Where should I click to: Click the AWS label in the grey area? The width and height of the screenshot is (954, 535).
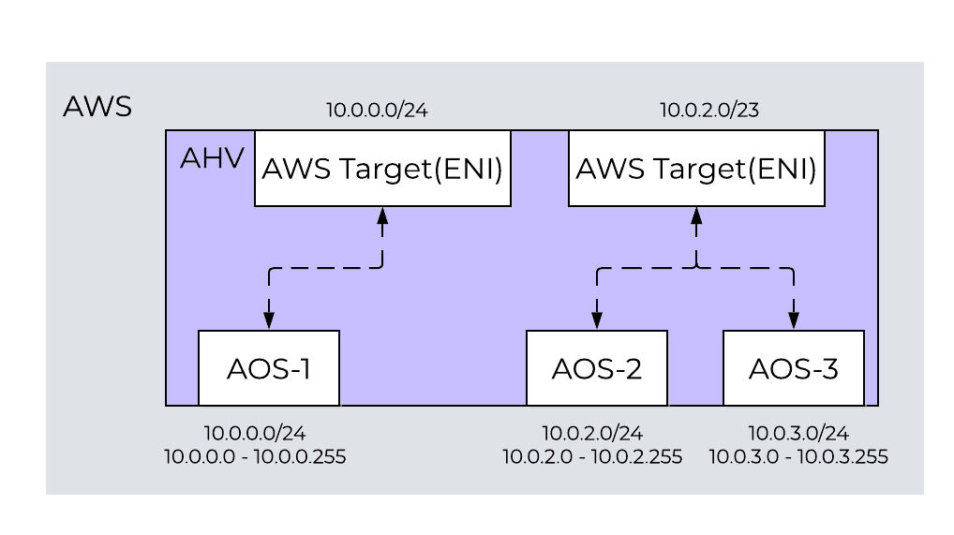(97, 107)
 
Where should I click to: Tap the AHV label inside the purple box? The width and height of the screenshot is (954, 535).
(212, 158)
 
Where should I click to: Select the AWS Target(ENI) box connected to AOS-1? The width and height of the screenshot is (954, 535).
(382, 169)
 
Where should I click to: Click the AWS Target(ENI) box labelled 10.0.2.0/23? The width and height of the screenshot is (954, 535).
(696, 169)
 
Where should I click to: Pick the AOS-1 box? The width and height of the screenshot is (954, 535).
(269, 368)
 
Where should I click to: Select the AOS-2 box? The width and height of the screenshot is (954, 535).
(597, 368)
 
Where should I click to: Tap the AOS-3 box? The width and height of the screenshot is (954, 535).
(794, 368)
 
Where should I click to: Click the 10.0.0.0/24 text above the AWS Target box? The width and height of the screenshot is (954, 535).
(378, 111)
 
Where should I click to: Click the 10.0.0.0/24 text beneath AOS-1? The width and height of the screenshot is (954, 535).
(255, 434)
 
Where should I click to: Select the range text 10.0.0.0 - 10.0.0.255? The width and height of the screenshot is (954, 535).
(255, 457)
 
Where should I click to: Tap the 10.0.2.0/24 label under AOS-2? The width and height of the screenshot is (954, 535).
(592, 434)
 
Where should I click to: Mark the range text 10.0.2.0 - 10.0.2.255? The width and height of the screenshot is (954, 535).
(592, 457)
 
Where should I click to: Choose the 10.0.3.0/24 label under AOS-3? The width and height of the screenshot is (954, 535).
(798, 434)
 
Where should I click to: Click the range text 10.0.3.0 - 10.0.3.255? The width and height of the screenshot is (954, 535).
(798, 457)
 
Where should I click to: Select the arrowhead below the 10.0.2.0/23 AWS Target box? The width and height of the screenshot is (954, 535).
(695, 215)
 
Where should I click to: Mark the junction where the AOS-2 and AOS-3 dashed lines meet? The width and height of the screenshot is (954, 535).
(695, 269)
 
